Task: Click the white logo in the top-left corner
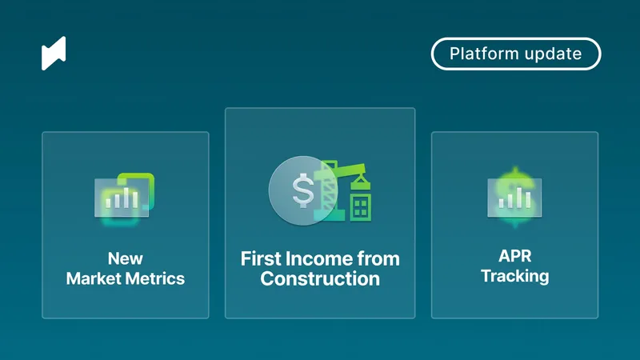click(x=54, y=53)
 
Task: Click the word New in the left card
click(x=126, y=259)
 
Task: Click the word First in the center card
click(x=262, y=259)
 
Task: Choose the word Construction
click(x=320, y=279)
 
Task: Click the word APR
click(x=514, y=256)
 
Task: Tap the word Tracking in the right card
click(x=514, y=277)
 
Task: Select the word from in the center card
click(x=379, y=259)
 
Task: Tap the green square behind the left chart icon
click(x=142, y=184)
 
